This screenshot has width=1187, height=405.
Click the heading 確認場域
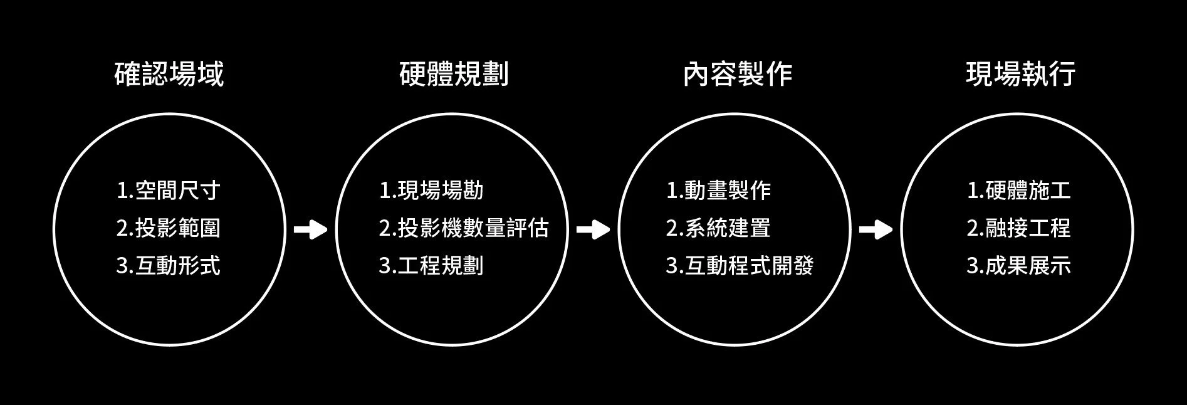tap(169, 74)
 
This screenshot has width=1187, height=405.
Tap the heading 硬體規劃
tap(454, 74)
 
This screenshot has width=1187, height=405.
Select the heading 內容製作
tap(738, 74)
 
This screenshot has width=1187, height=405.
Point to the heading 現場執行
tap(1021, 74)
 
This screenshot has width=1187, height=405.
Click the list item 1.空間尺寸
tap(169, 190)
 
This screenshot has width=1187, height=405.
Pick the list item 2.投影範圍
tap(169, 228)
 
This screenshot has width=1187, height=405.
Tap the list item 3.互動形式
tap(169, 266)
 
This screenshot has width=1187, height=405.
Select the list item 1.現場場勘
tap(431, 190)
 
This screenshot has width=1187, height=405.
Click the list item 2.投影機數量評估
tap(464, 228)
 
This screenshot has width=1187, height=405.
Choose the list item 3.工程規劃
tap(431, 266)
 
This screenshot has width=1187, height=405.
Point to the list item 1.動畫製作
tap(718, 190)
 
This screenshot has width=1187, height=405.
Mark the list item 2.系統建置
tap(718, 228)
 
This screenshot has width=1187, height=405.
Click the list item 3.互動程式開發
tap(740, 266)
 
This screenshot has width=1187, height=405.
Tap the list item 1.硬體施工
tap(1019, 190)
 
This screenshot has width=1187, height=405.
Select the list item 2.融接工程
tap(1019, 228)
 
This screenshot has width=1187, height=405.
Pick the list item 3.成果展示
tap(1019, 266)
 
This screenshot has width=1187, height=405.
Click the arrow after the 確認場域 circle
tap(311, 230)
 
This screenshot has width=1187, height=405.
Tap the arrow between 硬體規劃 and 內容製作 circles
tap(593, 230)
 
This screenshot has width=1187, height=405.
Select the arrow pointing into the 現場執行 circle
tap(876, 230)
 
